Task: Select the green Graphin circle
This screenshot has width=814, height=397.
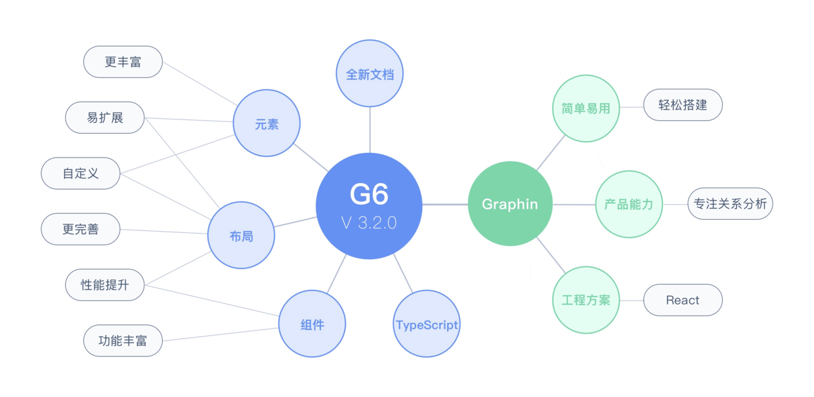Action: tap(510, 204)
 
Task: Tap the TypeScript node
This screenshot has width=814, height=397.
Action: tap(427, 324)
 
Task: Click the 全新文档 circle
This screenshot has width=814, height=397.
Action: tap(370, 73)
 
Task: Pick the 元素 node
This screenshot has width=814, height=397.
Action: tap(267, 123)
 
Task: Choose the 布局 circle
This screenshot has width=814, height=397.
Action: tap(241, 236)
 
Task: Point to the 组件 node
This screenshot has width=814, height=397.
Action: tap(312, 324)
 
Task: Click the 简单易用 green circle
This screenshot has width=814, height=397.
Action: tap(586, 108)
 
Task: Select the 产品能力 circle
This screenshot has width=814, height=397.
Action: tap(629, 204)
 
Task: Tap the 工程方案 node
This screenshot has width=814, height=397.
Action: tap(586, 300)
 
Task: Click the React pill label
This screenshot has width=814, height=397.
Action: tap(683, 300)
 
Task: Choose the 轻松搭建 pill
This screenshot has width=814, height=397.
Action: tap(683, 105)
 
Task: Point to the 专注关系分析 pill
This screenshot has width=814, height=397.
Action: tap(730, 203)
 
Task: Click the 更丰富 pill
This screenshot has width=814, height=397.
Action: tap(123, 62)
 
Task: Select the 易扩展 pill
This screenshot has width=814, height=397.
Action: tap(105, 117)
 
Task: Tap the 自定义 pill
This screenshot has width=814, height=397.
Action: tap(81, 173)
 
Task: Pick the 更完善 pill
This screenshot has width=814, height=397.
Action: tap(81, 229)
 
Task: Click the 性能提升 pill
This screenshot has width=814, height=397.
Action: tap(105, 285)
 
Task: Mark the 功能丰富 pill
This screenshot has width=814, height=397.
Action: tap(123, 341)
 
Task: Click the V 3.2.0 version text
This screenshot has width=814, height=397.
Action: tap(369, 223)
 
